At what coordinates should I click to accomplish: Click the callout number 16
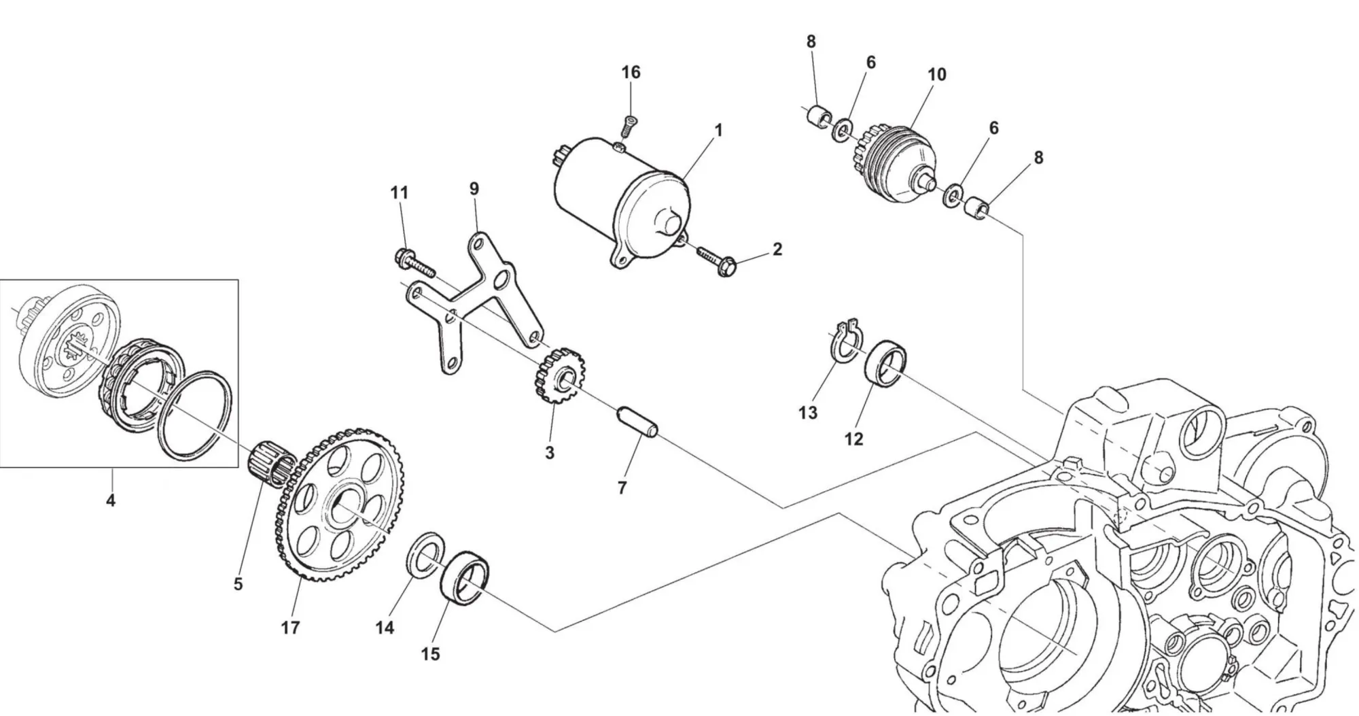[x=631, y=72]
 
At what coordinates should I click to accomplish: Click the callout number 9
[x=474, y=188]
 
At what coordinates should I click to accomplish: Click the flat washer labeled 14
[x=425, y=556]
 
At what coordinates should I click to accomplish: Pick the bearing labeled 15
[x=465, y=577]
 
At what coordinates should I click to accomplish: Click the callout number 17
[x=290, y=628]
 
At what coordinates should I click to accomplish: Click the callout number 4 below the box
[x=111, y=501]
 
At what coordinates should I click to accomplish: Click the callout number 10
[x=936, y=74]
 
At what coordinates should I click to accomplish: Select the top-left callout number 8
[x=811, y=41]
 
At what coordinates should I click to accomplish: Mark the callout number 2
[x=777, y=249]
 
